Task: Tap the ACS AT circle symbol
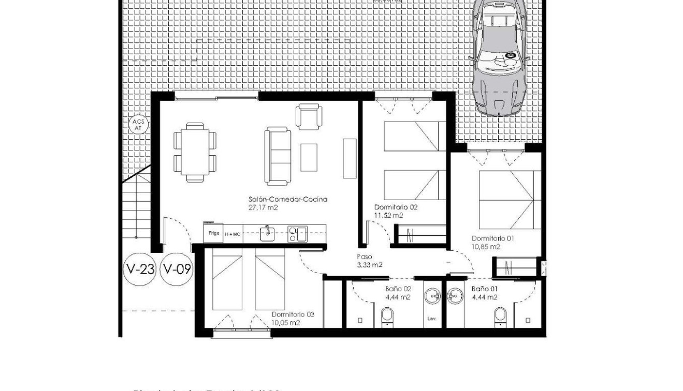pyautogui.click(x=138, y=125)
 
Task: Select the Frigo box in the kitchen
pyautogui.click(x=213, y=233)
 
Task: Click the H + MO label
pyautogui.click(x=232, y=234)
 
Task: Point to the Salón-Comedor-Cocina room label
pyautogui.click(x=288, y=199)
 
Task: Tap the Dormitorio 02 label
pyautogui.click(x=396, y=207)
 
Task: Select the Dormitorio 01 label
pyautogui.click(x=493, y=238)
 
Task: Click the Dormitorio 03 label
pyautogui.click(x=293, y=314)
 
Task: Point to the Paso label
pyautogui.click(x=365, y=257)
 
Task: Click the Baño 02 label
pyautogui.click(x=398, y=289)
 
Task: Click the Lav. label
pyautogui.click(x=432, y=319)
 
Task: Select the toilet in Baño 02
pyautogui.click(x=387, y=315)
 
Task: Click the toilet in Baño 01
pyautogui.click(x=500, y=315)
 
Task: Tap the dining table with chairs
pyautogui.click(x=195, y=152)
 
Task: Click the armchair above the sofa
pyautogui.click(x=308, y=116)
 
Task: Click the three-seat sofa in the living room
pyautogui.click(x=278, y=156)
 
